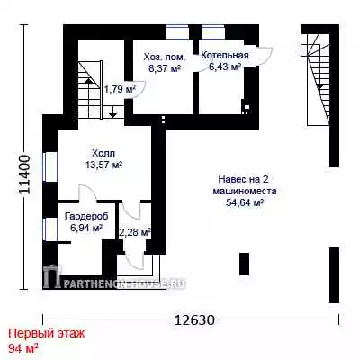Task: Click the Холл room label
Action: click(103, 154)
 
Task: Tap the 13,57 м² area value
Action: click(104, 165)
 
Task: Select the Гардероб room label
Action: click(86, 216)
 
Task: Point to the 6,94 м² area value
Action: click(86, 228)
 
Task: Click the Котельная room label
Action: click(225, 56)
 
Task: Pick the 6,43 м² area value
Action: click(225, 67)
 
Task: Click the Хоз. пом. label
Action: click(165, 57)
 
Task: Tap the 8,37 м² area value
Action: click(165, 68)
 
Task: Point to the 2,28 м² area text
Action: click(135, 232)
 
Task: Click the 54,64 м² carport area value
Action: click(245, 202)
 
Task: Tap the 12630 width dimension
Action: click(194, 320)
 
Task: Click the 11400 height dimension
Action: click(24, 175)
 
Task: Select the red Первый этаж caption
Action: click(47, 334)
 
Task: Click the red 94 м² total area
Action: click(23, 348)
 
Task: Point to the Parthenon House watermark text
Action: click(124, 283)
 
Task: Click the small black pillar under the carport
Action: click(244, 264)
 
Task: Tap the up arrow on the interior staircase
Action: click(89, 80)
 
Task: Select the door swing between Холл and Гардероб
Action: click(87, 192)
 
